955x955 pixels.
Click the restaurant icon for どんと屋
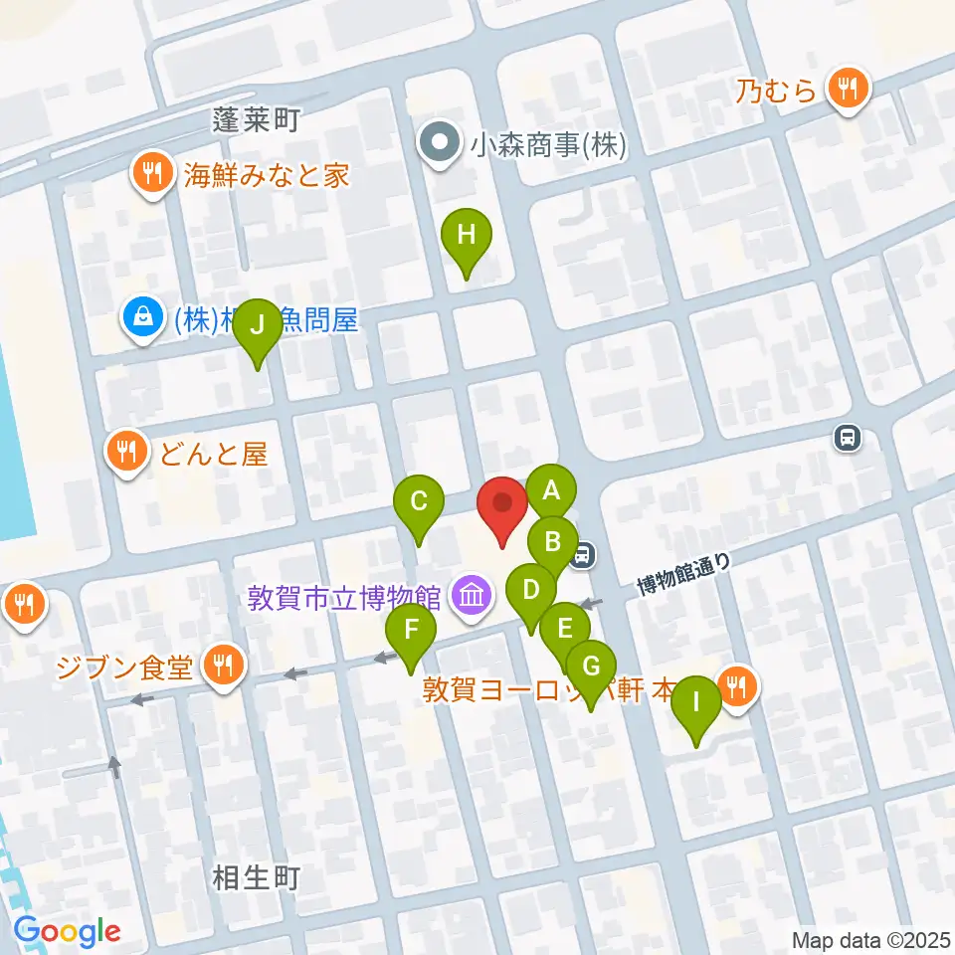125,454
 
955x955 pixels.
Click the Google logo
68,932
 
